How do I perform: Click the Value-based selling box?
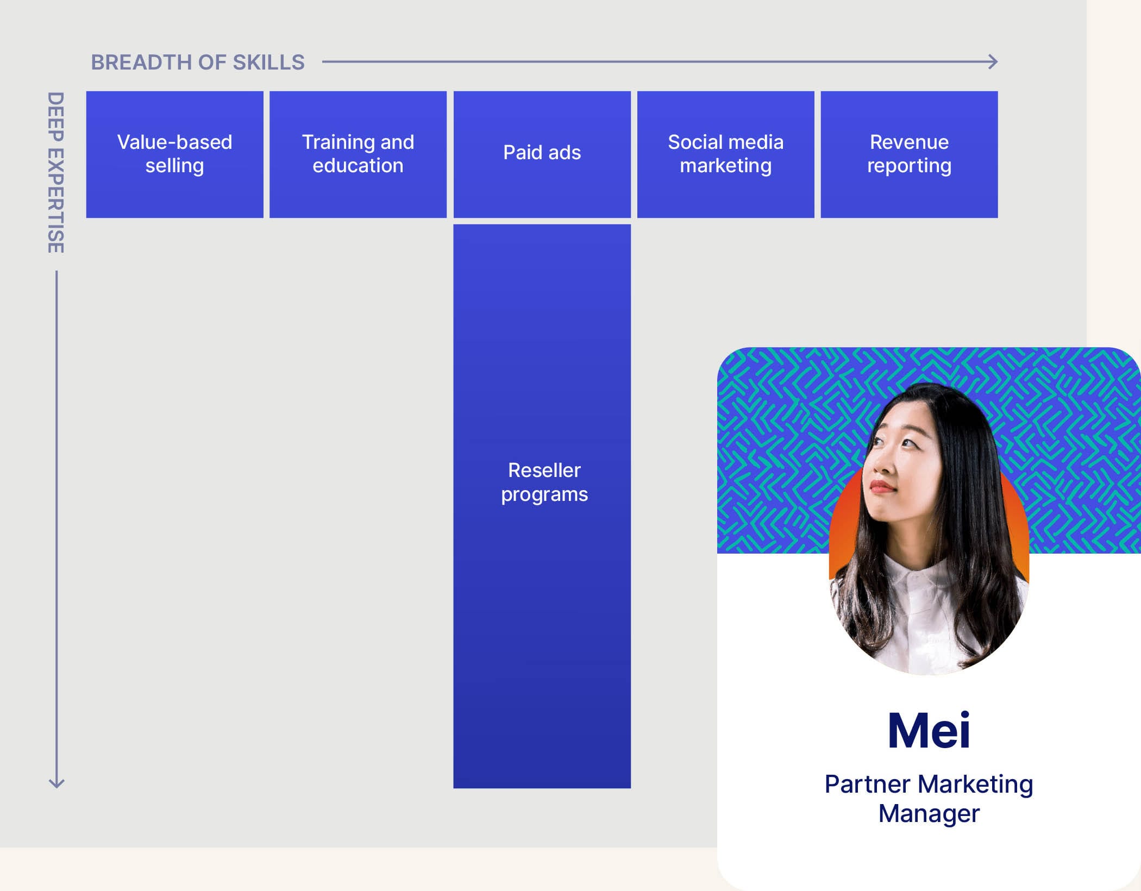[174, 154]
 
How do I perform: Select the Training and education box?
[358, 154]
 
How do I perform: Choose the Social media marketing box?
[725, 154]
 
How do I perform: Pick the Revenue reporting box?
[909, 154]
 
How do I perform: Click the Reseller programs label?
[544, 482]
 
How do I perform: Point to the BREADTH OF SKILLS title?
[198, 62]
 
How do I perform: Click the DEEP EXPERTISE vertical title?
[56, 173]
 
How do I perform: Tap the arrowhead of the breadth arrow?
[994, 62]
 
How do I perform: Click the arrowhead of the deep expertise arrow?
[57, 783]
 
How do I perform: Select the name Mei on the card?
[929, 731]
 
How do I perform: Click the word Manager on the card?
[929, 814]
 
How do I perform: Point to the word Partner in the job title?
[867, 785]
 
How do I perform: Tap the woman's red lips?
[882, 485]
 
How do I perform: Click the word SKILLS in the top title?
[268, 62]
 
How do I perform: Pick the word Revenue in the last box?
[909, 142]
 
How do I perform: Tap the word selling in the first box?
[174, 166]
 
